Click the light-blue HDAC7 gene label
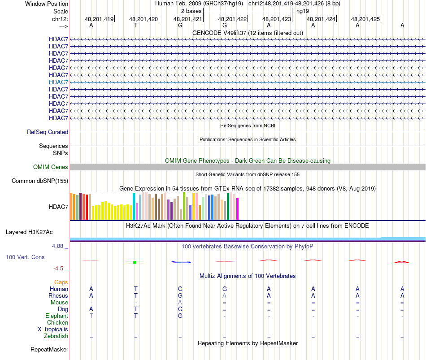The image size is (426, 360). click(x=59, y=82)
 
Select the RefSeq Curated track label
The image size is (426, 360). click(x=48, y=132)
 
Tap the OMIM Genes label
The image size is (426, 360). click(x=51, y=167)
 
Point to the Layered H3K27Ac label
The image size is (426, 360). click(x=29, y=232)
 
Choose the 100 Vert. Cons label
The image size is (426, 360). click(x=25, y=257)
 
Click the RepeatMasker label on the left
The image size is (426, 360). click(x=49, y=349)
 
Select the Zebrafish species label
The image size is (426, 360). click(x=56, y=336)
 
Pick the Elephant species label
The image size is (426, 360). click(x=57, y=316)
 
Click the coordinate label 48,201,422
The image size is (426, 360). click(x=232, y=19)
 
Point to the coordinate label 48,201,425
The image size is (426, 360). click(x=365, y=19)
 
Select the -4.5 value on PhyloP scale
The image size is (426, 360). click(x=58, y=269)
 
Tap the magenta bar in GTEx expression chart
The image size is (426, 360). click(x=238, y=209)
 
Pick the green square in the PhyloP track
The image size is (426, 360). click(x=135, y=262)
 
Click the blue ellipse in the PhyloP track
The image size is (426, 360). click(x=181, y=262)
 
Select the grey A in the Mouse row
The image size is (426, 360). click(x=180, y=303)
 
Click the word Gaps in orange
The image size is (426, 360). click(x=61, y=282)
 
